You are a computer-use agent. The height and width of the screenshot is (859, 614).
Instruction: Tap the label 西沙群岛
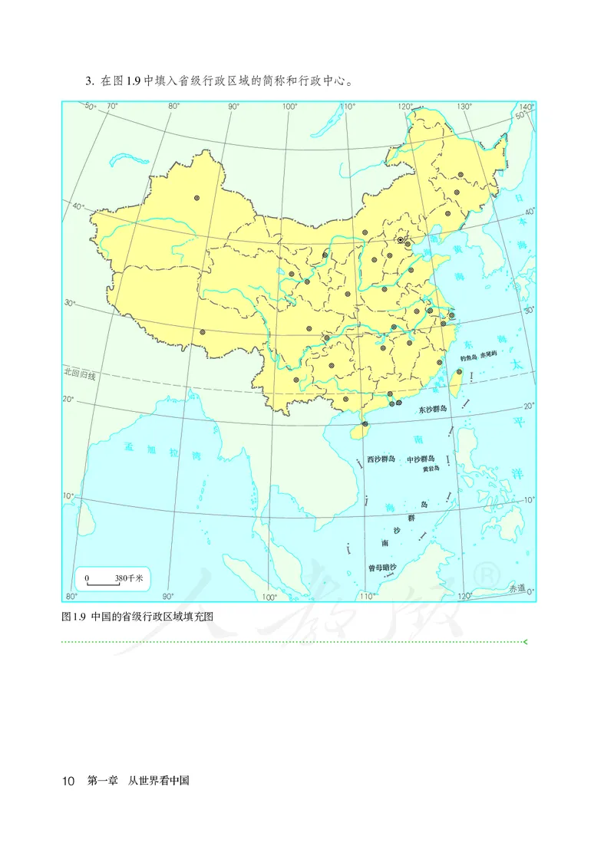click(x=381, y=459)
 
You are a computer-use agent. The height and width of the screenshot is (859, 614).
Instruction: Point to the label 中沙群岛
click(x=423, y=459)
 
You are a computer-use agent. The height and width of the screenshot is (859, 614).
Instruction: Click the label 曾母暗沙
click(x=381, y=568)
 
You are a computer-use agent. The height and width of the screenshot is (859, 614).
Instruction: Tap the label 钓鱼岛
click(x=468, y=357)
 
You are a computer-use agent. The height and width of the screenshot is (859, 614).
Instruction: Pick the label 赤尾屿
click(x=489, y=357)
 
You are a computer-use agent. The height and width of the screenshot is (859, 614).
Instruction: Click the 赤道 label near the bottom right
click(x=517, y=588)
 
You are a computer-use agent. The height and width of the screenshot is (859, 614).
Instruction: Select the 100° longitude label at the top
click(x=289, y=106)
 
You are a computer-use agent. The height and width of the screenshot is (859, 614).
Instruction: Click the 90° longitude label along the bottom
click(x=168, y=596)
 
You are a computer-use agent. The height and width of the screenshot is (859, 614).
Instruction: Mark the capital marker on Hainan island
click(x=365, y=423)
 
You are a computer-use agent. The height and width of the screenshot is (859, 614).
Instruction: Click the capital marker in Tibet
click(x=203, y=332)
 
